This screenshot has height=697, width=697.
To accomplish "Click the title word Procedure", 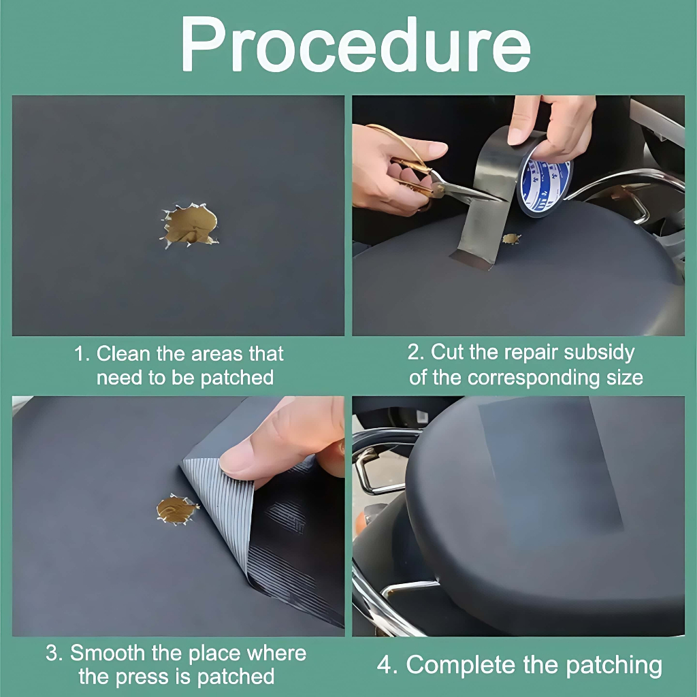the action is point(355,45).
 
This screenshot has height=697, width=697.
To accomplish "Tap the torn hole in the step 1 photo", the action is point(190,225).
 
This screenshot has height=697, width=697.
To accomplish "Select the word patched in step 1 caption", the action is point(237,378).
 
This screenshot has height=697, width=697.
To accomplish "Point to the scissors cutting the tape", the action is point(427,174).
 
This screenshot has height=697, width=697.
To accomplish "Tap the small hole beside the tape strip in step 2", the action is point(511,239).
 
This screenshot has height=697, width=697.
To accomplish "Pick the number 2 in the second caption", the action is point(412,352).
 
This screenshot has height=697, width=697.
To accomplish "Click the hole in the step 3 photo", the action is point(177,509).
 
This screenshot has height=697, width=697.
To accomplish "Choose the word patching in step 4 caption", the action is point(614,666).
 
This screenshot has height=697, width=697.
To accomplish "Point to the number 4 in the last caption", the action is point(384,665).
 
